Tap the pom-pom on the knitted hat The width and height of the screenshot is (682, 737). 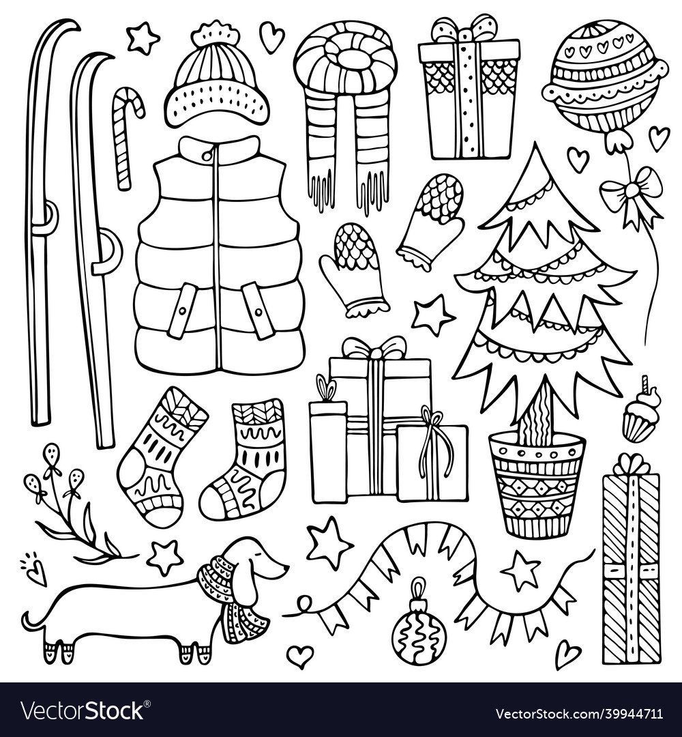click(216, 34)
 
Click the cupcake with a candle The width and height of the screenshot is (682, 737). click(639, 416)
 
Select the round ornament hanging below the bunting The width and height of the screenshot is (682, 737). click(419, 628)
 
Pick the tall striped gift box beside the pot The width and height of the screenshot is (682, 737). click(631, 560)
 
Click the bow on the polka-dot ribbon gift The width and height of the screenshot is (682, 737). click(468, 29)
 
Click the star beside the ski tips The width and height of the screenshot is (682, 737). click(143, 38)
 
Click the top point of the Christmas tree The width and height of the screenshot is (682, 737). click(538, 147)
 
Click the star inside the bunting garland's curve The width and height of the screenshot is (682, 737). click(522, 570)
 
